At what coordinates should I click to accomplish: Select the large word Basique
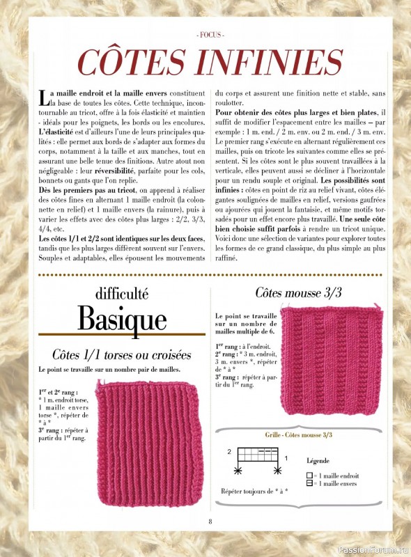coord(122,319)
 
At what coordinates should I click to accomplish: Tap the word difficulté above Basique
coord(122,294)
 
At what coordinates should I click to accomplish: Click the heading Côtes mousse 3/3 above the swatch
coord(298,293)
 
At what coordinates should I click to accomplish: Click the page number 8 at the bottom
coord(210,522)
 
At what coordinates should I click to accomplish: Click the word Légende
coord(318,460)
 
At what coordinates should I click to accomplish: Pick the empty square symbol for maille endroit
coord(309,476)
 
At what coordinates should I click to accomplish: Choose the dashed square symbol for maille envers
coord(309,483)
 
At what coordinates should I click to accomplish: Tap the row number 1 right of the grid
coord(286,458)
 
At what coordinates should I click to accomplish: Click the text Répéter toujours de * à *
coord(254,491)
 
